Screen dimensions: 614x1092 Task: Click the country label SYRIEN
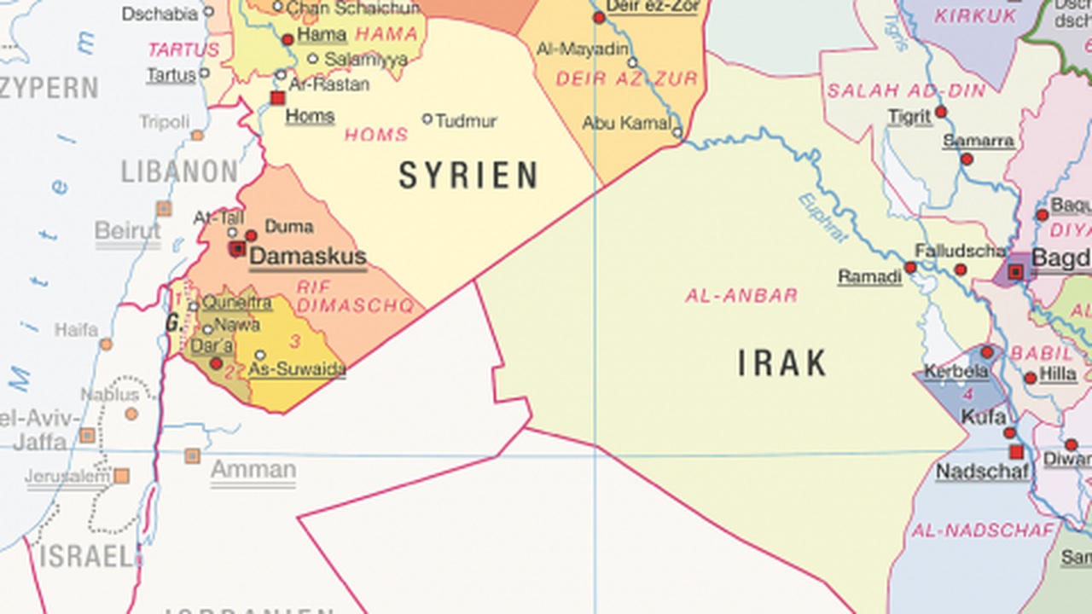[x=468, y=176]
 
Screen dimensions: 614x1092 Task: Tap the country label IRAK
[x=781, y=364]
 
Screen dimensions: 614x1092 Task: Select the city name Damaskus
[x=308, y=257]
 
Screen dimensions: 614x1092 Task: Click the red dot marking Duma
[x=252, y=235]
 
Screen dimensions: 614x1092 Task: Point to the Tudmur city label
[x=466, y=121]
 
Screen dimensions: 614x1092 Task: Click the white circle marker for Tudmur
[x=427, y=119]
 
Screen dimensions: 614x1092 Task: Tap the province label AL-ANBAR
[x=741, y=296]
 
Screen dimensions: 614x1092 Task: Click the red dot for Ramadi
[x=910, y=268]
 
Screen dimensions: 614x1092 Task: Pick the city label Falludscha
[x=960, y=251]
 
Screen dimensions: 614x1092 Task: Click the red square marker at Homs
[x=277, y=98]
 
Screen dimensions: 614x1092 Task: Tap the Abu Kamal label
[x=626, y=124]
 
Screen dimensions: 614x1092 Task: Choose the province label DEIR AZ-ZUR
[x=626, y=79]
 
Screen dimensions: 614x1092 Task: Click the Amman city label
[x=253, y=470]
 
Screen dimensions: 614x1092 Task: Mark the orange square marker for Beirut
[x=164, y=209]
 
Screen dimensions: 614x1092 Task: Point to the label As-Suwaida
[x=298, y=369]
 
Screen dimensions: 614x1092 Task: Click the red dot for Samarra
[x=967, y=159]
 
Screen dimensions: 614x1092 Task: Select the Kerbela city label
[x=956, y=373]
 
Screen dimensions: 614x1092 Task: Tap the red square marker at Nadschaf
[x=1016, y=452]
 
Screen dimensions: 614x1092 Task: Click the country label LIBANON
[x=179, y=171]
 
